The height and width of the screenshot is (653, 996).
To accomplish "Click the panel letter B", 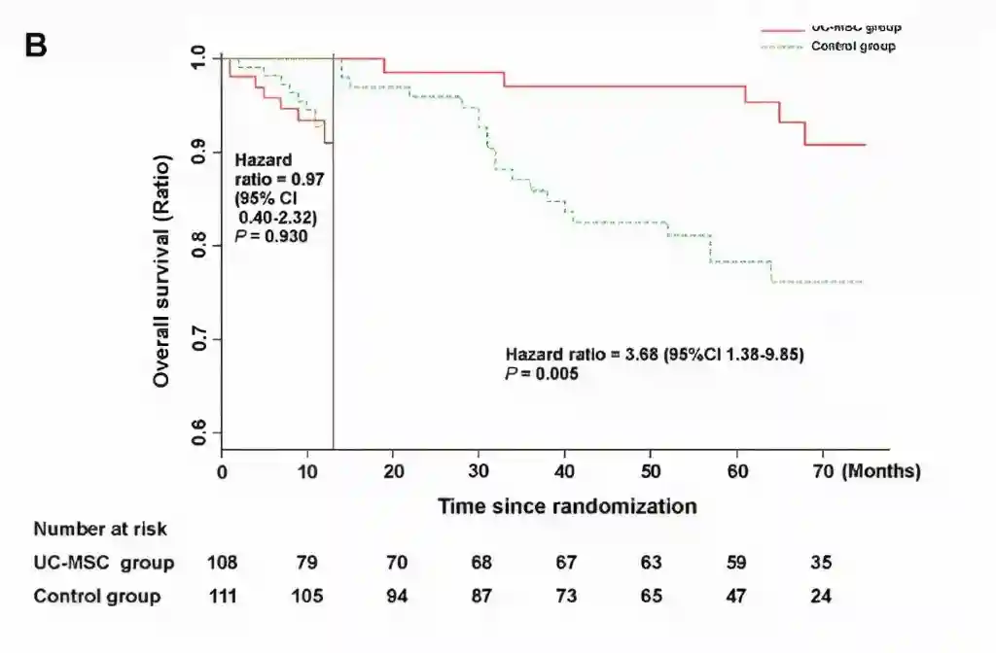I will click(36, 45).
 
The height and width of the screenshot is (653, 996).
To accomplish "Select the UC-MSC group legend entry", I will click(854, 28).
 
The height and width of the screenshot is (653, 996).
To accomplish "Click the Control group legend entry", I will click(853, 46).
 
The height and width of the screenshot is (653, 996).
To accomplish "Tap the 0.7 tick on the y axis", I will click(199, 339).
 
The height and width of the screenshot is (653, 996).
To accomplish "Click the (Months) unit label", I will click(881, 471).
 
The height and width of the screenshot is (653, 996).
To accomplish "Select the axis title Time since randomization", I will click(566, 506).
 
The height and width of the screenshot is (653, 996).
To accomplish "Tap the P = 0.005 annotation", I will click(542, 372).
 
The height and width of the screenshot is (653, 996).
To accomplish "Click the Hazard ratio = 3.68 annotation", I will click(654, 355).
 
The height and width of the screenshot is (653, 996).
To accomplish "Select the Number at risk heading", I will click(100, 530).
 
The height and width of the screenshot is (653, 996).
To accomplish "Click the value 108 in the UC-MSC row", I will click(223, 563).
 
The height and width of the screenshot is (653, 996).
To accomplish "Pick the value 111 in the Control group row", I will click(223, 596).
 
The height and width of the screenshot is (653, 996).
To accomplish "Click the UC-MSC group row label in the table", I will click(104, 563).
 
